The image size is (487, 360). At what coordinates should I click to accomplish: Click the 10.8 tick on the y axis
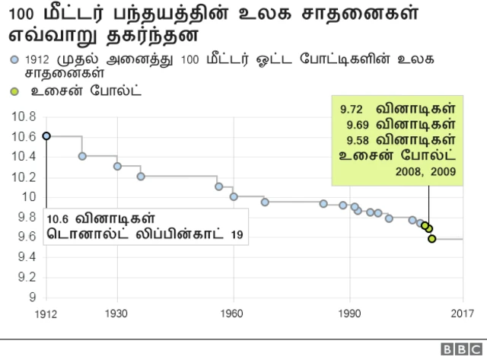(x=27, y=116)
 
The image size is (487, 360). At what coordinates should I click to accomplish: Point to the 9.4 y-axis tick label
(x=27, y=256)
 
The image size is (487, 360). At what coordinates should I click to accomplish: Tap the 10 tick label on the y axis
(x=31, y=196)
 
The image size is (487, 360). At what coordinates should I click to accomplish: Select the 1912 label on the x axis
(x=46, y=313)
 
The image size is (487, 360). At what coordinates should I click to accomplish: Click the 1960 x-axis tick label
(x=234, y=313)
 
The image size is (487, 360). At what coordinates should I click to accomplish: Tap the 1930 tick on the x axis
(x=117, y=313)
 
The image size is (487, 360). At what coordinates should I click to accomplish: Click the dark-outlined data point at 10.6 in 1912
(x=46, y=135)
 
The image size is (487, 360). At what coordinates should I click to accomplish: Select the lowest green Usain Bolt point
(x=431, y=238)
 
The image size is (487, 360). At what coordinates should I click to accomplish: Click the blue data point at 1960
(x=234, y=196)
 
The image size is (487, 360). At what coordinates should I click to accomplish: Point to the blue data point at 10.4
(x=82, y=156)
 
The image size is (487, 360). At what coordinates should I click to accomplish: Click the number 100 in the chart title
(x=20, y=14)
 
